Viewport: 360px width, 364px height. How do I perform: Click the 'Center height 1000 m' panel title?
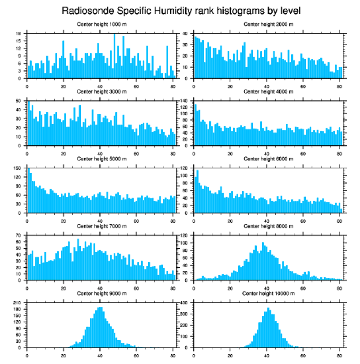coord(101,24)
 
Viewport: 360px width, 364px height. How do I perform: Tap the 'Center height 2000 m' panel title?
coord(268,24)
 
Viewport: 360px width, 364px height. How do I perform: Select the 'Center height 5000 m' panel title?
coord(101,159)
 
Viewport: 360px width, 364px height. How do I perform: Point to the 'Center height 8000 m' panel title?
coord(268,226)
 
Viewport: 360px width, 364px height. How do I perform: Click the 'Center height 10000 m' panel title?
coord(268,293)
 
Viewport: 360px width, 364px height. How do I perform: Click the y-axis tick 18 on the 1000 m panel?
coord(19,34)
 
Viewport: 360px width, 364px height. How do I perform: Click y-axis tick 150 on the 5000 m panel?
coord(18,168)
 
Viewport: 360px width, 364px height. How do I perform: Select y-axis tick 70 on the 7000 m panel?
coord(19,235)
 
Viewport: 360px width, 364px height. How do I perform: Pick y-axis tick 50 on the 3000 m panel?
coord(19,101)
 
